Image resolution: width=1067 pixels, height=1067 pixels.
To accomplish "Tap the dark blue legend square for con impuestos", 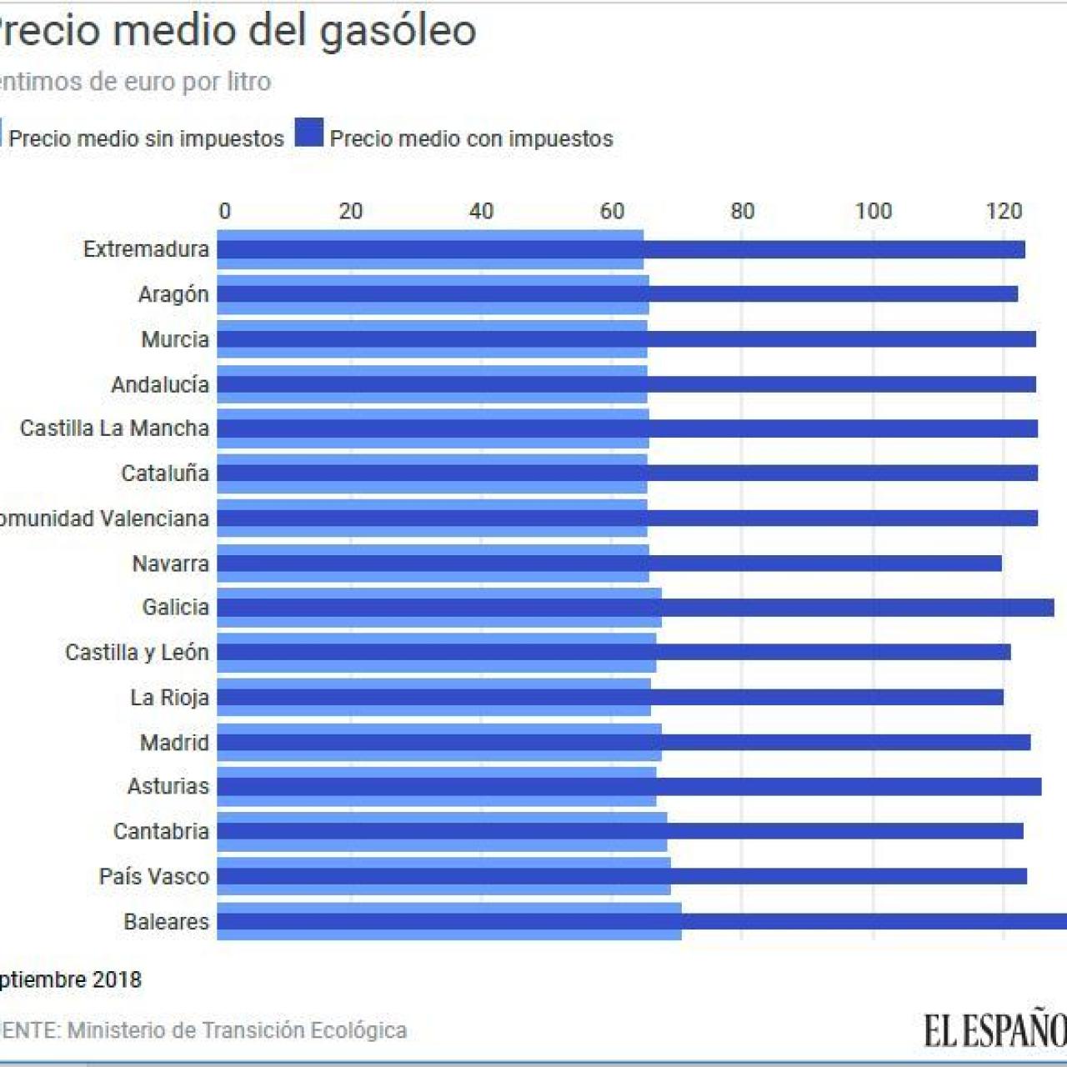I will [308, 133].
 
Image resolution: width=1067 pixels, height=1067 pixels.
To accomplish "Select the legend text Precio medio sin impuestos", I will [146, 138].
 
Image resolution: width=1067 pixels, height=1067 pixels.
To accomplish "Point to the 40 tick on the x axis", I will [481, 211].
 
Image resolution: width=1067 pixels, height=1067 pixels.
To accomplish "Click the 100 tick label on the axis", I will [873, 211].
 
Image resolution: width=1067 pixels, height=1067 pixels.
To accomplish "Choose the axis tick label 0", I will [224, 211].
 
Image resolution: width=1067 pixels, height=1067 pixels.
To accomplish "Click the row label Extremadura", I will [146, 249].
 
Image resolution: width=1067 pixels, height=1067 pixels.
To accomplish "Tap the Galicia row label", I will [175, 607].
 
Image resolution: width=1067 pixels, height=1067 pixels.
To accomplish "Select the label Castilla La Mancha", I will [114, 428].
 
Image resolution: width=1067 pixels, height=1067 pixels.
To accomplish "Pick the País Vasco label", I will [153, 876].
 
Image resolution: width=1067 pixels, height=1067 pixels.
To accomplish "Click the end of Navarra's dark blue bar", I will [1000, 564].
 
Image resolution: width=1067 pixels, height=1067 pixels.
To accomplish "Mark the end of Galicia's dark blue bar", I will [1053, 608].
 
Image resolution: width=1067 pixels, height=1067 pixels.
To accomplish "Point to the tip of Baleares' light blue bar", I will [680, 921].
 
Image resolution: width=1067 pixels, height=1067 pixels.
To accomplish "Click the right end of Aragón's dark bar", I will [1016, 294].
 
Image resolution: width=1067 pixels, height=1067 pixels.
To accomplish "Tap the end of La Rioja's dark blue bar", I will [1002, 697].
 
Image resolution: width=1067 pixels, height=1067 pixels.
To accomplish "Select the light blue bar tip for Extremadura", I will [642, 249].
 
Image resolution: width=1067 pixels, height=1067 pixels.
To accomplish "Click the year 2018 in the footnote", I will [116, 979].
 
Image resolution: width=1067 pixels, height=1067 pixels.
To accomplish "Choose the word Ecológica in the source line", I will [358, 1030].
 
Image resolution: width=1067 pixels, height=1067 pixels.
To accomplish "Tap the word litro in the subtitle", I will [248, 82].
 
